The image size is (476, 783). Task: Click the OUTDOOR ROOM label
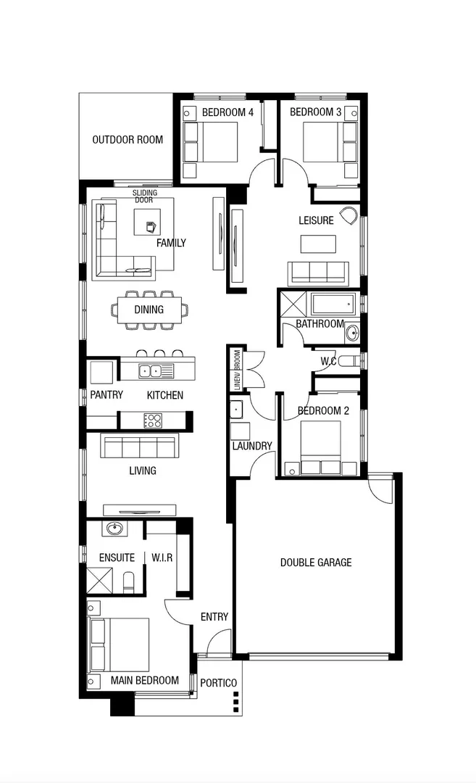pyautogui.click(x=128, y=140)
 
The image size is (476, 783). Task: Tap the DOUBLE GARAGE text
pyautogui.click(x=316, y=562)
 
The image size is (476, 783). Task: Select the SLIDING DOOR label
pyautogui.click(x=144, y=196)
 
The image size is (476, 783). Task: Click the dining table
pyautogui.click(x=149, y=310)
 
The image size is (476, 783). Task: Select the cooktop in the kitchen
pyautogui.click(x=153, y=420)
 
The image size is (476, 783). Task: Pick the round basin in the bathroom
pyautogui.click(x=352, y=333)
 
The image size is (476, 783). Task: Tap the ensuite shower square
pyautogui.click(x=99, y=580)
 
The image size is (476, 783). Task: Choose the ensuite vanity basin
pyautogui.click(x=114, y=528)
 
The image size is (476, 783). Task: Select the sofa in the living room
pyautogui.click(x=141, y=446)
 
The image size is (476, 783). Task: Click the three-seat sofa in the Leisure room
pyautogui.click(x=317, y=273)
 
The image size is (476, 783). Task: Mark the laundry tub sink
pyautogui.click(x=236, y=410)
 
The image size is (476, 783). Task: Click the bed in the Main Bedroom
pyautogui.click(x=120, y=645)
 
